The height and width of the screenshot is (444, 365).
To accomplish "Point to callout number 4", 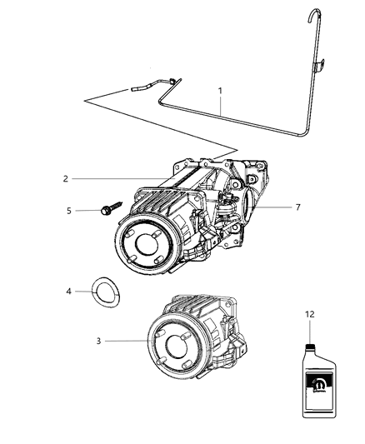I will coord(69,291).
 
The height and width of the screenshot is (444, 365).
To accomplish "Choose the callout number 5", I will coord(68,211).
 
